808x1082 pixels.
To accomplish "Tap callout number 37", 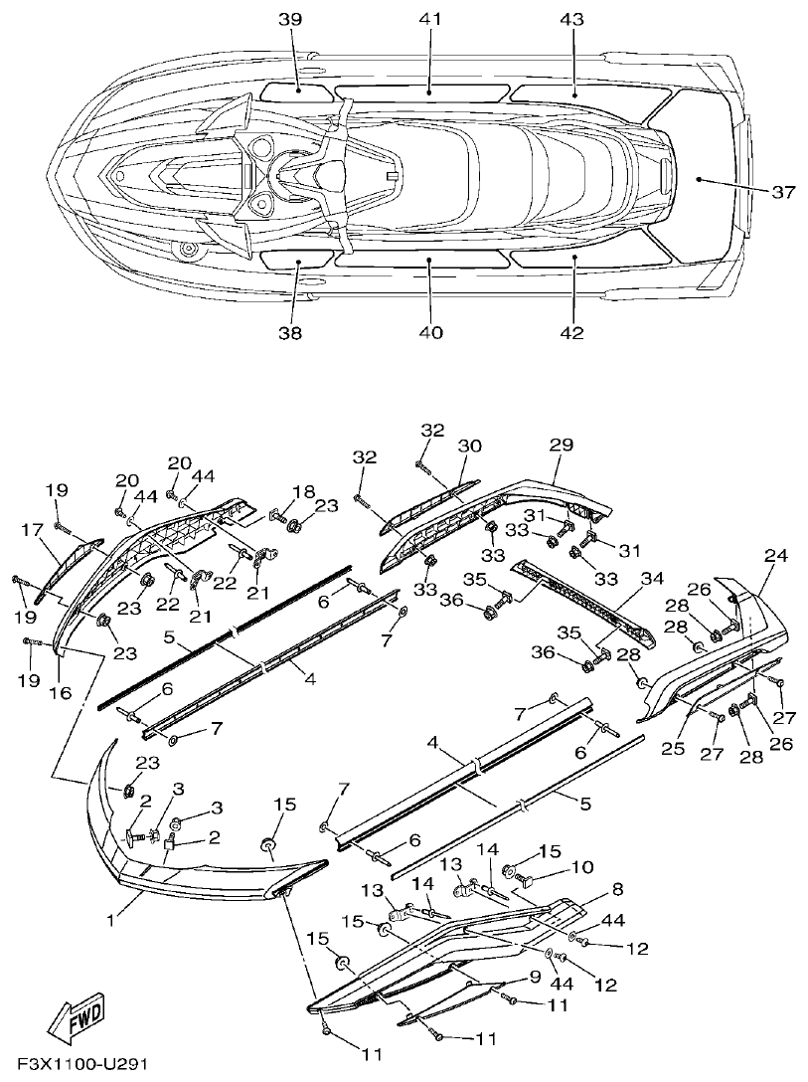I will tap(782, 192).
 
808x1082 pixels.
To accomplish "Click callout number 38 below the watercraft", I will tap(290, 333).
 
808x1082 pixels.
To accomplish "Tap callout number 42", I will tap(571, 333).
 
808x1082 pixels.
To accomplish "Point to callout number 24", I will tap(775, 556).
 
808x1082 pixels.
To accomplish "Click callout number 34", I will tap(651, 579).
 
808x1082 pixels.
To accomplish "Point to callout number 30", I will tap(469, 446).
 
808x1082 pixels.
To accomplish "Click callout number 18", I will tap(302, 490).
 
